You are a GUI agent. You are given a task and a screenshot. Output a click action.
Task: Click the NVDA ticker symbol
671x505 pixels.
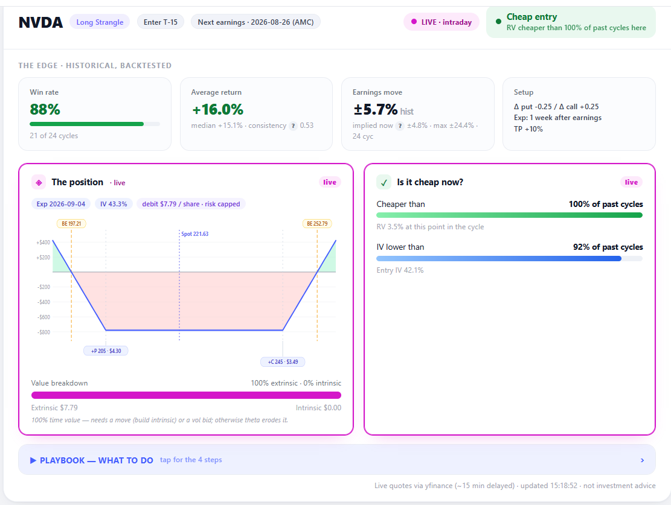40,22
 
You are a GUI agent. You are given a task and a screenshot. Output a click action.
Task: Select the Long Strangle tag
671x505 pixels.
100,22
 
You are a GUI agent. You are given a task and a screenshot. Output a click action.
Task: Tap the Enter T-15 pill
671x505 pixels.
161,22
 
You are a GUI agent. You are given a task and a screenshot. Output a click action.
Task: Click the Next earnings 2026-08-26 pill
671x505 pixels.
255,22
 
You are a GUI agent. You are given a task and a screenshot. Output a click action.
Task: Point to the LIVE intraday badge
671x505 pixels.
441,22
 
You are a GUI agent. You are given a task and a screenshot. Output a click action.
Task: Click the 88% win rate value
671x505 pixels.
45,109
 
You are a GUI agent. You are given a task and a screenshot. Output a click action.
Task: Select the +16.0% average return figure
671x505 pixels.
218,109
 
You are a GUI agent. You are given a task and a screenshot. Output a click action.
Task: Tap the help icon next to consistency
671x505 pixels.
293,125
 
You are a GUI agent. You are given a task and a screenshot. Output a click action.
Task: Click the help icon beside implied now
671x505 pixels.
400,125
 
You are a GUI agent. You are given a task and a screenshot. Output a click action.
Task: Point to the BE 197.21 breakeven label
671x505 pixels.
71,224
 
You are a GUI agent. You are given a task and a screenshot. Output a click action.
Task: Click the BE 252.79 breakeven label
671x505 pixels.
317,224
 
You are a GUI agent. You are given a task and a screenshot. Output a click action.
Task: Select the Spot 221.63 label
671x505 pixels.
194,234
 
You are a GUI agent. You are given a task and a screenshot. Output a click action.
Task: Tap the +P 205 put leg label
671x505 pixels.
106,351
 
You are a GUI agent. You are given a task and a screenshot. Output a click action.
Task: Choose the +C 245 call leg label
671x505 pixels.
283,362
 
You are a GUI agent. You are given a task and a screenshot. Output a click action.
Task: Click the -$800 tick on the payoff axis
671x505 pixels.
43,332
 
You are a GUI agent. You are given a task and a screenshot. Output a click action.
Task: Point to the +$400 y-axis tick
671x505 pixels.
43,243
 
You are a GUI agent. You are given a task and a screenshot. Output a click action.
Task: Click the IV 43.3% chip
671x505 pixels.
114,204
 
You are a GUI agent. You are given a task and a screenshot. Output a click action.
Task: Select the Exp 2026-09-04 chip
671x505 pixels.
61,204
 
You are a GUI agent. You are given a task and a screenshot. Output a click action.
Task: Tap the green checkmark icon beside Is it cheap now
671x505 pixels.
384,183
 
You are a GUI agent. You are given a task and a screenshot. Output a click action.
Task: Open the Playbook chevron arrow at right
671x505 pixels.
643,460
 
